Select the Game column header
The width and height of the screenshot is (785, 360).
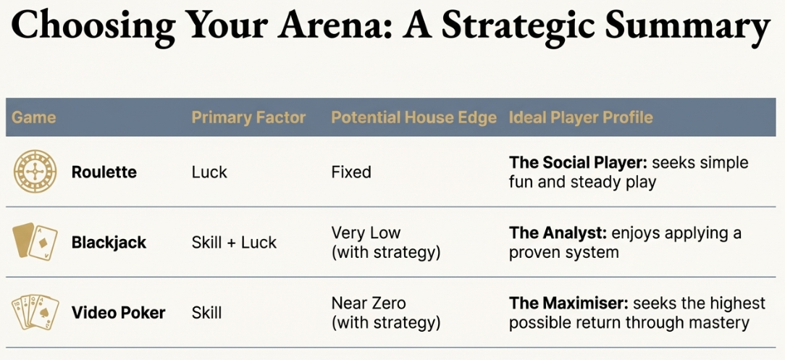33,117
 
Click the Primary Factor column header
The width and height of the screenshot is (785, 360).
248,117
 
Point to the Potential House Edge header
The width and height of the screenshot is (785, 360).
414,117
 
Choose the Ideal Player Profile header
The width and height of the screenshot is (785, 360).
581,117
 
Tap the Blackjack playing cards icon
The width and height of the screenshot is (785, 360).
34,242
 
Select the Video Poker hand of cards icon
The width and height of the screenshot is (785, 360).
34,312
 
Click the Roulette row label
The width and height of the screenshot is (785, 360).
104,172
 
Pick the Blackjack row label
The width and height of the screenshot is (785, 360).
109,243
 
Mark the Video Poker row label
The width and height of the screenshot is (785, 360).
118,313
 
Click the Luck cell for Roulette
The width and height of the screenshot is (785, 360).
209,172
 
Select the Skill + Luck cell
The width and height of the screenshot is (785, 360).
234,243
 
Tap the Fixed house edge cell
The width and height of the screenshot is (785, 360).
351,172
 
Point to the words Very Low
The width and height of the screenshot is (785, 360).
366,233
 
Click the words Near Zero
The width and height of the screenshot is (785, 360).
369,303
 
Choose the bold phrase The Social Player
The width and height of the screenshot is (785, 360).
576,163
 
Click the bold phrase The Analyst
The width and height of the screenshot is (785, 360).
558,233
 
